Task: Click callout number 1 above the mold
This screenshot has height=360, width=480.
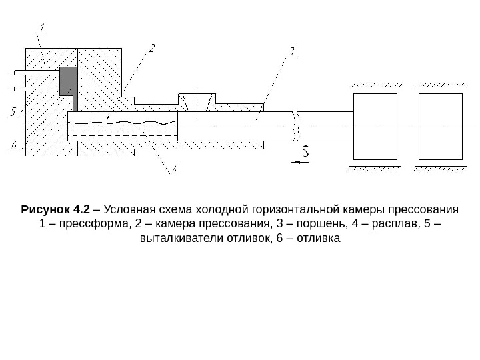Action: tap(42, 28)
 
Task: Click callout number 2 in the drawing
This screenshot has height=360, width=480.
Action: tap(151, 48)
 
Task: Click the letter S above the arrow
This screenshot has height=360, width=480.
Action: tap(305, 152)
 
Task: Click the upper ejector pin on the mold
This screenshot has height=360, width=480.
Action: tap(37, 71)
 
